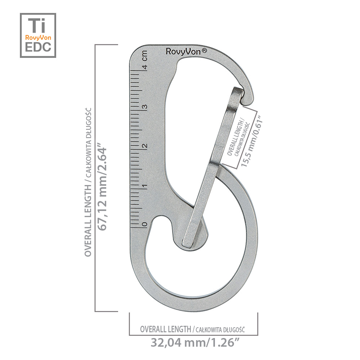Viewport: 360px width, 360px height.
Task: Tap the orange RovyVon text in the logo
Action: click(x=38, y=37)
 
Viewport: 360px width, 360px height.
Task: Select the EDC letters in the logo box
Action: click(x=38, y=47)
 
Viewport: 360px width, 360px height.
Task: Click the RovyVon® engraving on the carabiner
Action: click(x=186, y=51)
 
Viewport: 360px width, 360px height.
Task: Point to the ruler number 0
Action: click(x=144, y=224)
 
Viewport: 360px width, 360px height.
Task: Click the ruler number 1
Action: click(x=144, y=185)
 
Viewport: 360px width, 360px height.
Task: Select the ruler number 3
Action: click(x=145, y=107)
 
